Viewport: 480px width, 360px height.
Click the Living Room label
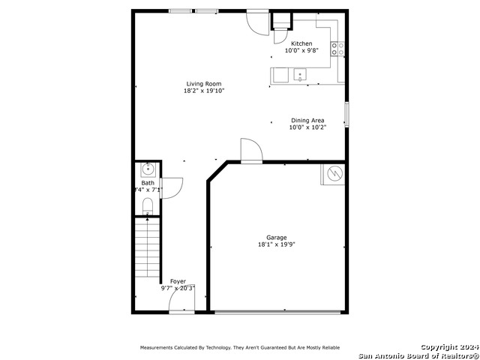(204, 84)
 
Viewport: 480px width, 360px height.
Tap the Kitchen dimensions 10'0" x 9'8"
(301, 50)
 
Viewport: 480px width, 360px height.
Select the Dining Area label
(307, 120)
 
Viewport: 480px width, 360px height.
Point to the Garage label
(277, 238)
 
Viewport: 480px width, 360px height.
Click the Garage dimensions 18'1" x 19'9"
(277, 244)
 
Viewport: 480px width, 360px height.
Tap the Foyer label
(178, 281)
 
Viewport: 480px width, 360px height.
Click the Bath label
(148, 183)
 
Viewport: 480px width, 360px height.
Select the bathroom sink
(148, 169)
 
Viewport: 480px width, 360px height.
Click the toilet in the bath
(148, 206)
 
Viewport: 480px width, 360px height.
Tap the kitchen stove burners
(337, 49)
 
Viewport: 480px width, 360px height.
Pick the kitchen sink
(300, 74)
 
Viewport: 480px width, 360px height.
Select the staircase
(148, 247)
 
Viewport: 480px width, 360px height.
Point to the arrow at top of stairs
(148, 219)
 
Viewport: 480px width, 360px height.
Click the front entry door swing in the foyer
(181, 298)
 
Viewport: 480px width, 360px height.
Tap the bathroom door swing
(172, 188)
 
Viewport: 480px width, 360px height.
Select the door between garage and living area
(252, 150)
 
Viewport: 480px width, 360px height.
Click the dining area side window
(346, 115)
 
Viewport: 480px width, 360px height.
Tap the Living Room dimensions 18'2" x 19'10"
(204, 91)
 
